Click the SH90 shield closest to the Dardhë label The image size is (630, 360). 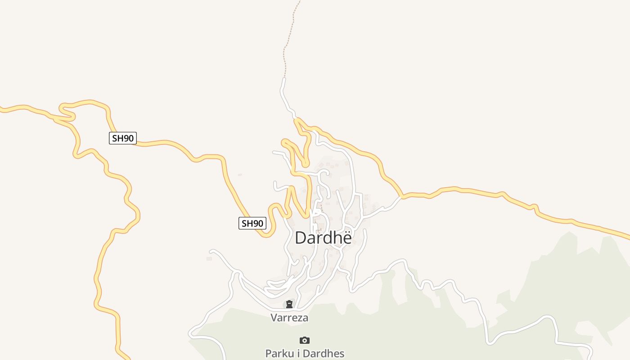(x=252, y=223)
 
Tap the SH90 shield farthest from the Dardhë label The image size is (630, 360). (x=122, y=138)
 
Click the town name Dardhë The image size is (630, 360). (x=323, y=238)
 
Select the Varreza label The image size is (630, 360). (x=289, y=318)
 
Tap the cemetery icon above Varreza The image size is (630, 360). (x=289, y=305)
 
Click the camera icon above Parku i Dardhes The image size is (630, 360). (x=305, y=340)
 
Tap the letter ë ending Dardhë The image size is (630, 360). (x=346, y=238)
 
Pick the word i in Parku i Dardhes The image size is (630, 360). (x=301, y=353)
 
